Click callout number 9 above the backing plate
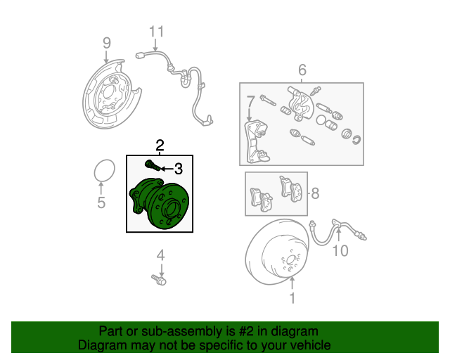pos(106,43)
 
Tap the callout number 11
pos(155,31)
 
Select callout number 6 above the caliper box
pos(302,70)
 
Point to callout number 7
pos(250,105)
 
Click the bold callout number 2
pos(160,146)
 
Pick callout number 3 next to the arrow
pos(178,168)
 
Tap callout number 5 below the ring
pos(101,204)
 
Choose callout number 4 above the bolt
pos(160,255)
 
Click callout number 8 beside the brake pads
pos(316,193)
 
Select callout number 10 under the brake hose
pos(340,251)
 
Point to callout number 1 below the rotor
pos(292,297)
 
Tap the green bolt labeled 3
pos(152,165)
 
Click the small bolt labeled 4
pos(159,281)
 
